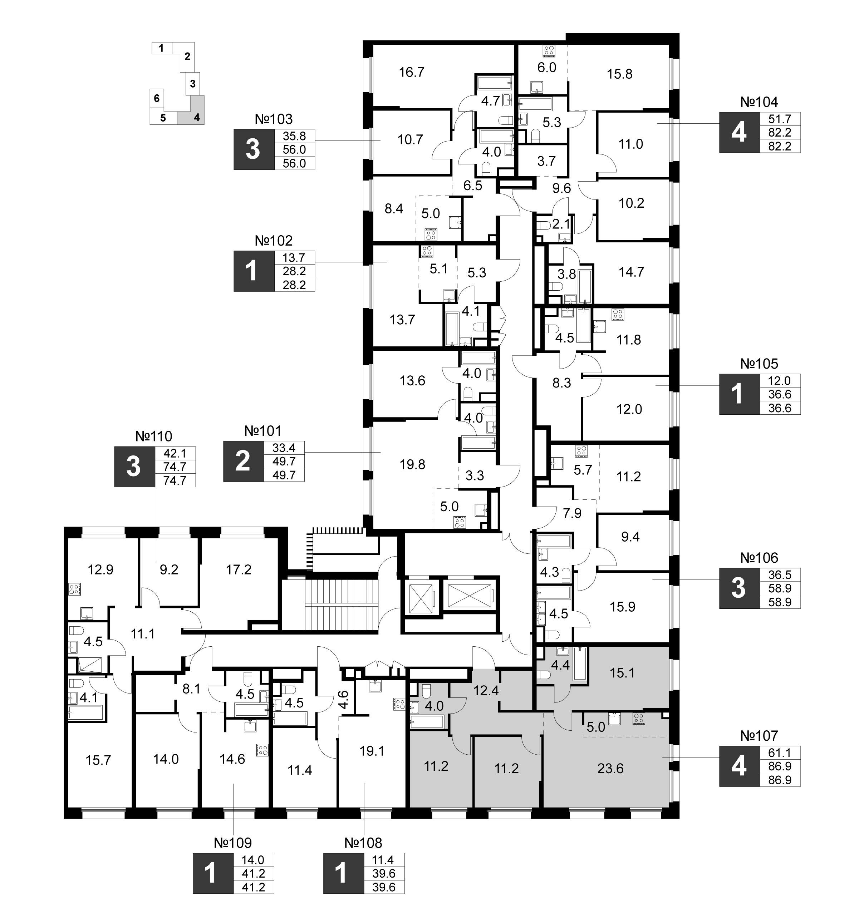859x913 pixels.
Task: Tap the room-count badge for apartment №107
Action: tap(738, 766)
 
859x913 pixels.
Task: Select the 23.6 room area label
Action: tap(610, 768)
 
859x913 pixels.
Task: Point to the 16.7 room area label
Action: tap(412, 72)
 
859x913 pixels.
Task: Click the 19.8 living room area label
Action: tap(412, 464)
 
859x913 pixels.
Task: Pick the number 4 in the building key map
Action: tap(197, 118)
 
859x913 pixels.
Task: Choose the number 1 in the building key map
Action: tap(161, 48)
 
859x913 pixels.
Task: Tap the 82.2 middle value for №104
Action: tap(780, 132)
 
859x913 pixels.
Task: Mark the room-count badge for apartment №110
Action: tap(134, 467)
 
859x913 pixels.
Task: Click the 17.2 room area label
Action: tap(239, 569)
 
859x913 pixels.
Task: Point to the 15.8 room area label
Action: tap(620, 74)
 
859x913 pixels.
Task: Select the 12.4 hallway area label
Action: tap(486, 690)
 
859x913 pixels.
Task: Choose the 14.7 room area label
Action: tap(631, 272)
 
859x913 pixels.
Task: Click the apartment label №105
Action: tap(759, 364)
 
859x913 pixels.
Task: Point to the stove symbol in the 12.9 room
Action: tap(74, 589)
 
